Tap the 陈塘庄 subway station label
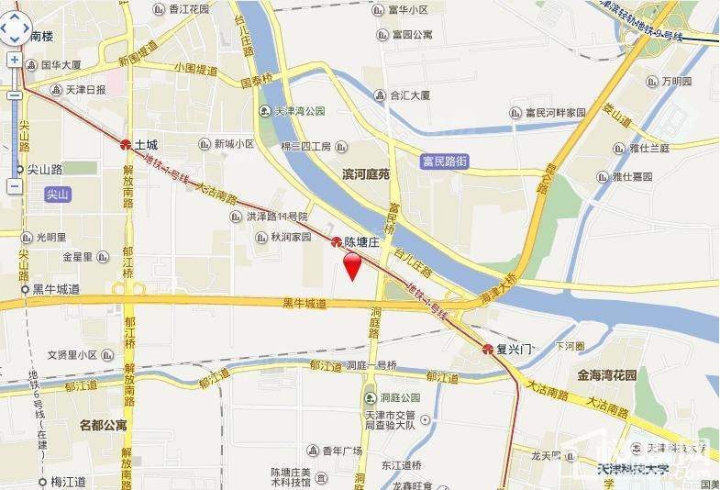[360, 242]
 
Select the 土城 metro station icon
[126, 145]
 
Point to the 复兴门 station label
[514, 350]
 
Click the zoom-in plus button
[15, 60]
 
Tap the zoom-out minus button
[15, 186]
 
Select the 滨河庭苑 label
[366, 173]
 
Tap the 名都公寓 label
[103, 425]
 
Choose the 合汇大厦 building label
[410, 94]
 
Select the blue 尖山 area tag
[58, 195]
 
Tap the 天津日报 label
[85, 90]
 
